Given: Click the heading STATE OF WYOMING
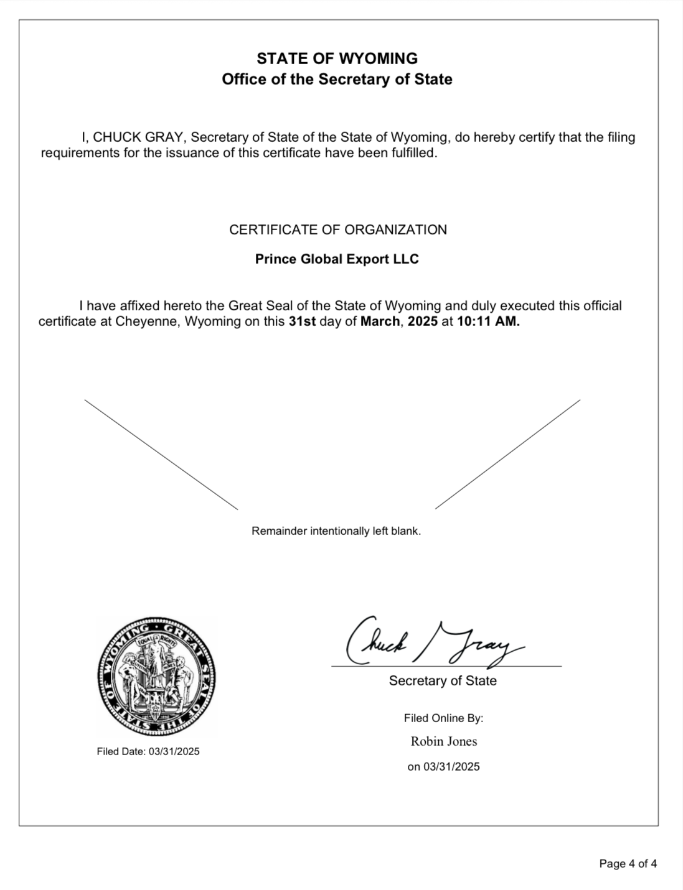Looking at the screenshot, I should tap(337, 58).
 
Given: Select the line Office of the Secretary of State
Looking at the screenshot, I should tap(337, 80).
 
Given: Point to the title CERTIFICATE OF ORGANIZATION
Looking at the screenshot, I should tap(337, 229).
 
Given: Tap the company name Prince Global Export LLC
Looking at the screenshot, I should tap(337, 259).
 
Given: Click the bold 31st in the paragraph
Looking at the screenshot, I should tap(302, 322).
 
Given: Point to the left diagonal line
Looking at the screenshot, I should tap(161, 454).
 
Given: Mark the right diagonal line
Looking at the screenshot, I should tap(507, 454).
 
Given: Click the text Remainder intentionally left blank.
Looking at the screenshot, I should tap(336, 531).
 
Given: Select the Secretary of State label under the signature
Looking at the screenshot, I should tap(443, 681).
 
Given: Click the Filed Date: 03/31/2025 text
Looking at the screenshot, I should tap(148, 751).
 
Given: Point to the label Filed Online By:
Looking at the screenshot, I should tap(443, 718).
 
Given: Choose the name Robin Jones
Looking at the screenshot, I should tap(444, 741).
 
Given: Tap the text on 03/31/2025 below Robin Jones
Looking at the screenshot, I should tap(443, 767).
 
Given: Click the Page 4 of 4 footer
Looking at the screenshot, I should tap(628, 863).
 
